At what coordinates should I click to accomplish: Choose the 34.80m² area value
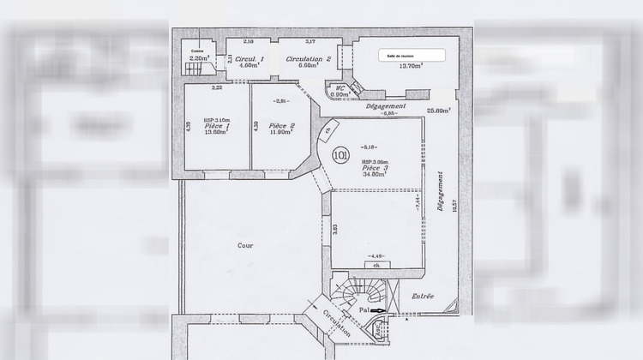(x=372, y=175)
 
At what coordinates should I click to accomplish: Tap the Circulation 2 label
(x=309, y=59)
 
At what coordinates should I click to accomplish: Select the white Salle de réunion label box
(x=412, y=55)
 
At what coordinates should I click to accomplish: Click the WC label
(x=340, y=87)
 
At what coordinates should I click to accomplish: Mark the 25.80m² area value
(x=438, y=110)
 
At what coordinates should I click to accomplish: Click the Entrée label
(x=422, y=297)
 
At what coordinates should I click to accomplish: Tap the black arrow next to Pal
(x=378, y=310)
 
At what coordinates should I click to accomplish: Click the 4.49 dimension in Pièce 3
(x=375, y=256)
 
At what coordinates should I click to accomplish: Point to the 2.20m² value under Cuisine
(x=198, y=57)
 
